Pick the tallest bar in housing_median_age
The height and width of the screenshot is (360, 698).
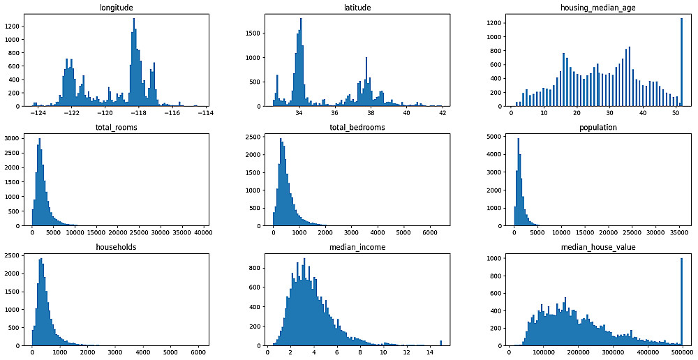point(681,63)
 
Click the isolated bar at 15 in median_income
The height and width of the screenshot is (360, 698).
point(440,343)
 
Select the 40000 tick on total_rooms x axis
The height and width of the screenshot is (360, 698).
point(204,232)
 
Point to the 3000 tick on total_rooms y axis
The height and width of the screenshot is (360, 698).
point(16,140)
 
